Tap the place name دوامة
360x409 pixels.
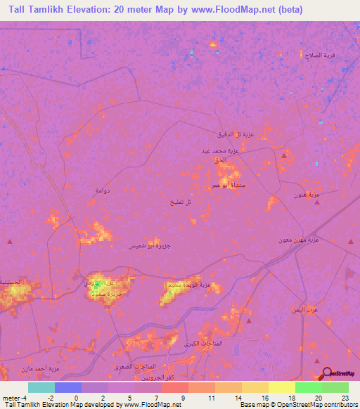(x=103, y=190)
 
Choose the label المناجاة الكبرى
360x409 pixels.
(x=202, y=343)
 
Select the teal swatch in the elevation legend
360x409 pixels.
(x=41, y=388)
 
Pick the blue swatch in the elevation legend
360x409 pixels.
(x=67, y=388)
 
